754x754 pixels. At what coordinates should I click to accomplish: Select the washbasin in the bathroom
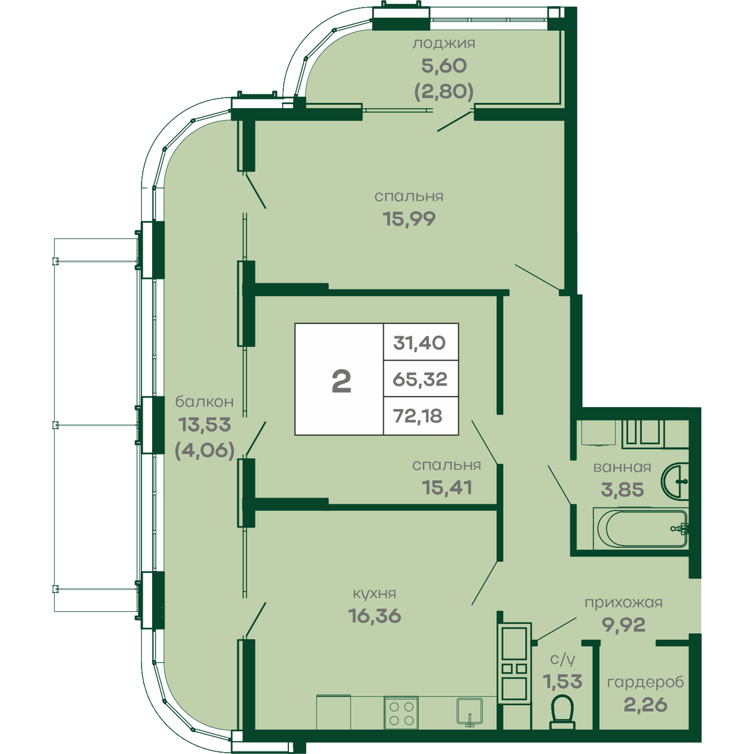pyautogui.click(x=675, y=481)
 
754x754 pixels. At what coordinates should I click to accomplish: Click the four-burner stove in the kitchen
pyautogui.click(x=401, y=713)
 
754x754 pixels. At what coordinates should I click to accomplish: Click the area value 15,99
pyautogui.click(x=409, y=219)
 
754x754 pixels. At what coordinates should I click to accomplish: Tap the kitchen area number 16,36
pyautogui.click(x=374, y=616)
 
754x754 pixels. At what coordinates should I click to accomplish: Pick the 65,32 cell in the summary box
pyautogui.click(x=420, y=379)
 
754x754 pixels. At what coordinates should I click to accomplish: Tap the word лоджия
pyautogui.click(x=444, y=43)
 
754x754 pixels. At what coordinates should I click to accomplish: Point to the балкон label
pyautogui.click(x=204, y=402)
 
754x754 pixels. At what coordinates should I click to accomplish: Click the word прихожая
pyautogui.click(x=624, y=603)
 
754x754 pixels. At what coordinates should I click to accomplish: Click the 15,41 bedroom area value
pyautogui.click(x=447, y=488)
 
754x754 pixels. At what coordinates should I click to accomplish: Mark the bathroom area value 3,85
pyautogui.click(x=622, y=489)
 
